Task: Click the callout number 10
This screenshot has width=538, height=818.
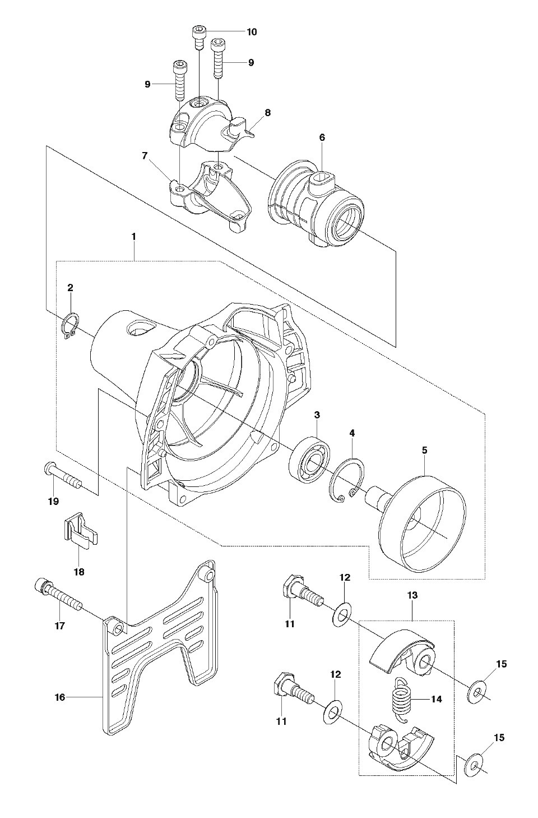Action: tap(252, 32)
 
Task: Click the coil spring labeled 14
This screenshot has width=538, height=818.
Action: tap(401, 700)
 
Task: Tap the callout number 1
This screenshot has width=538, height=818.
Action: tap(134, 237)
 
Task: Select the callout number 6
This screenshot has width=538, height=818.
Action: tap(322, 137)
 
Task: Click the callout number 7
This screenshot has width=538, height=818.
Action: tap(145, 157)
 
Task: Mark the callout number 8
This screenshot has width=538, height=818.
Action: tap(268, 112)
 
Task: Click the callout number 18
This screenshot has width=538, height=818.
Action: tap(79, 572)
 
